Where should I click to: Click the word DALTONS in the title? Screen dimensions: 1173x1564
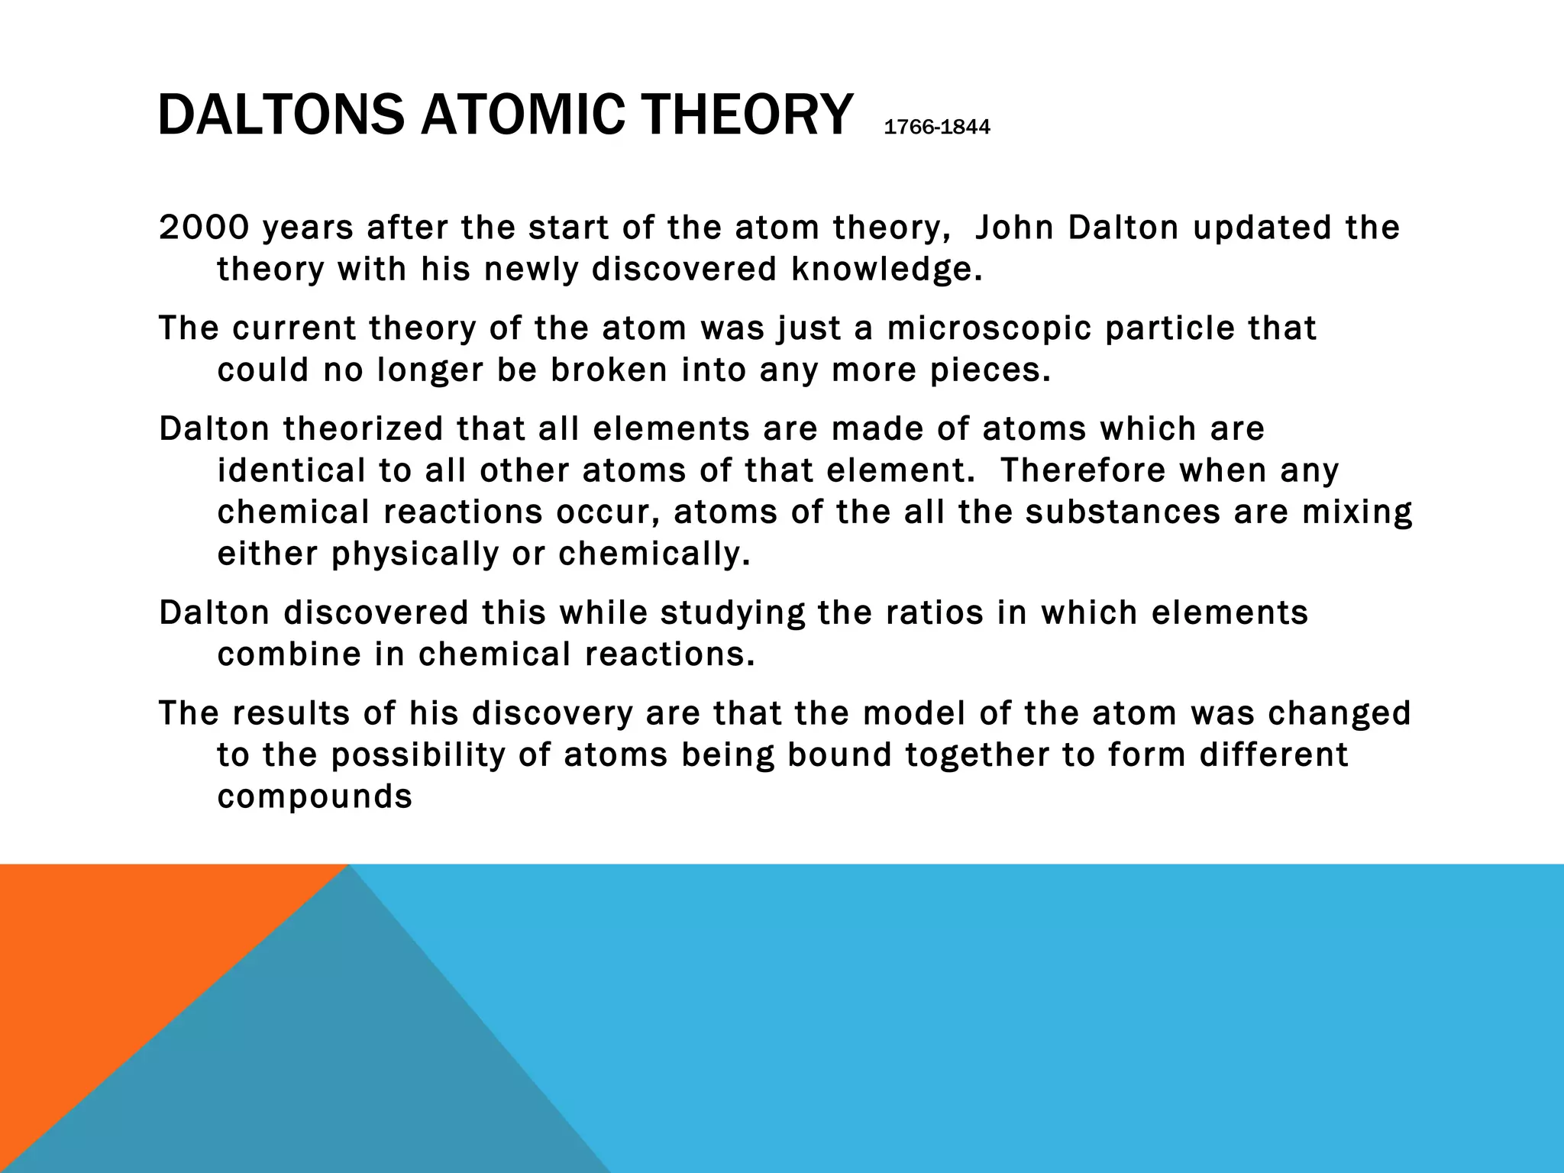pos(281,115)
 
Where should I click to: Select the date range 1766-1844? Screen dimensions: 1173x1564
pos(936,128)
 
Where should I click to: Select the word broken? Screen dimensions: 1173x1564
pos(609,370)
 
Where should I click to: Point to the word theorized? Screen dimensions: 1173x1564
pos(363,428)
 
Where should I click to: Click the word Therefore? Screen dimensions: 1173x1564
pos(1082,470)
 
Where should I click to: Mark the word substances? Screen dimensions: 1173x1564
pos(1123,512)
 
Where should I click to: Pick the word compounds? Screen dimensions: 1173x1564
pos(315,797)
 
